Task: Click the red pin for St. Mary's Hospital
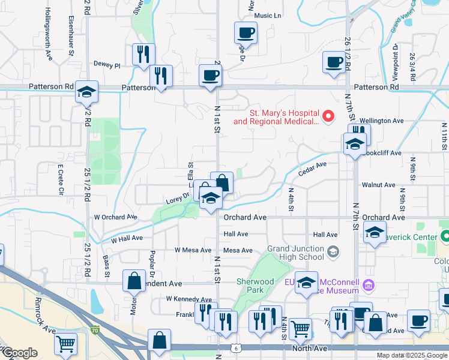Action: (x=328, y=116)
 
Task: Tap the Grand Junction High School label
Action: (x=295, y=253)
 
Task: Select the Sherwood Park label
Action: (x=260, y=286)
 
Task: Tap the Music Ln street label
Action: (x=268, y=16)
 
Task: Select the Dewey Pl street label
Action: (x=107, y=64)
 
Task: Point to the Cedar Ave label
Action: (x=312, y=169)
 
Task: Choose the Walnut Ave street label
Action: (x=378, y=185)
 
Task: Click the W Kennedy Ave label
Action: (x=189, y=299)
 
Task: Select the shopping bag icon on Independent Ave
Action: (x=134, y=280)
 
